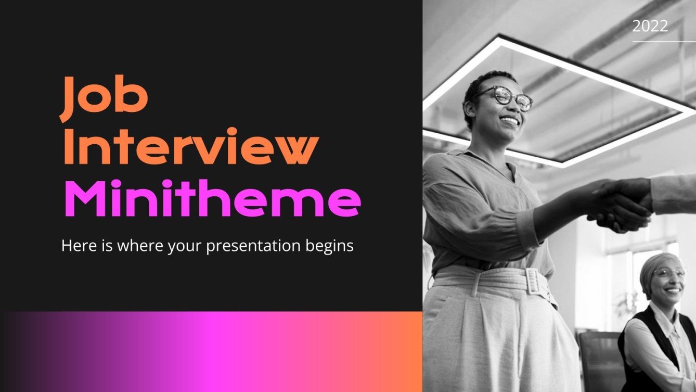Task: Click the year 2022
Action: tap(650, 26)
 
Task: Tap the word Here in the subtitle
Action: tap(76, 245)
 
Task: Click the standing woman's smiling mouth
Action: tap(509, 120)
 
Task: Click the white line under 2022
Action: tap(664, 41)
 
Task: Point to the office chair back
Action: tap(598, 359)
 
